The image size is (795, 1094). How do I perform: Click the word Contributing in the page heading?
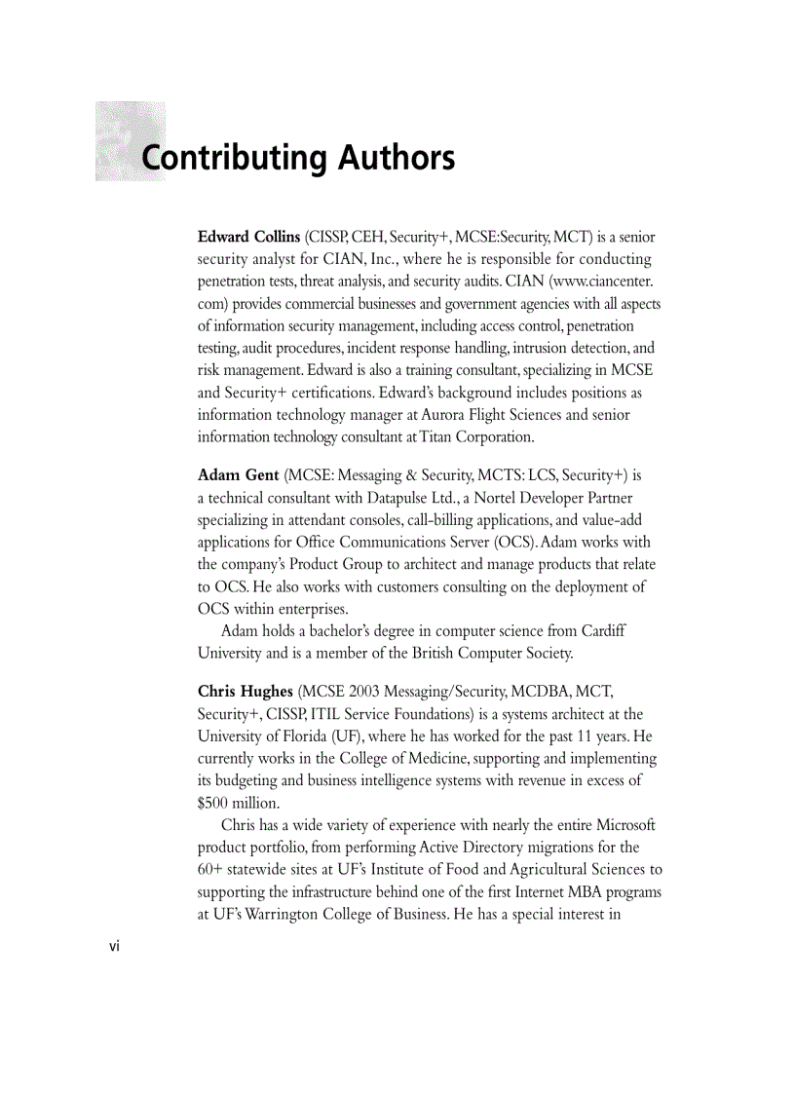click(x=233, y=158)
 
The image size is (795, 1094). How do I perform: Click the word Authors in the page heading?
click(x=397, y=158)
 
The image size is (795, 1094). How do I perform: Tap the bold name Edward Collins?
click(x=248, y=238)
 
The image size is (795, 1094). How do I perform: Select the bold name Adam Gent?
click(x=238, y=475)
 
